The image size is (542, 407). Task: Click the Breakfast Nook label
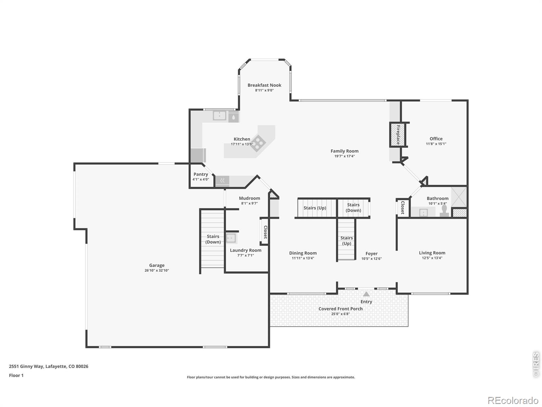264,85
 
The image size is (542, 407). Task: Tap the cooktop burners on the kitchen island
258,143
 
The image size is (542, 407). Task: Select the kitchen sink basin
220,115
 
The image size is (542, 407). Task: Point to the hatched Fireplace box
398,135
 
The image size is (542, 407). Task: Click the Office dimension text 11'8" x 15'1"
436,144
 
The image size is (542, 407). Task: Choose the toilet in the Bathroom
444,211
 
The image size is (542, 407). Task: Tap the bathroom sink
423,212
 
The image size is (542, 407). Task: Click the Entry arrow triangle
366,294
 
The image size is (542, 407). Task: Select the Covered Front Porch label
340,309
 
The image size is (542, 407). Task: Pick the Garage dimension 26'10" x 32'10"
157,270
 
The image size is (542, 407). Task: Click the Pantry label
201,174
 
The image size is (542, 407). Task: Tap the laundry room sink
231,238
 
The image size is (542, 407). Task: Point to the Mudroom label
249,198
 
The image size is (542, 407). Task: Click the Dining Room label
303,253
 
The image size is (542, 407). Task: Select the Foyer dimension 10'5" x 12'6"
371,259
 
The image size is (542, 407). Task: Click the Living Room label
432,253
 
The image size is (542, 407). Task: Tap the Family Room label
345,151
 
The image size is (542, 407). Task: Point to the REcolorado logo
513,400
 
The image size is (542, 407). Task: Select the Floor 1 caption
16,375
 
